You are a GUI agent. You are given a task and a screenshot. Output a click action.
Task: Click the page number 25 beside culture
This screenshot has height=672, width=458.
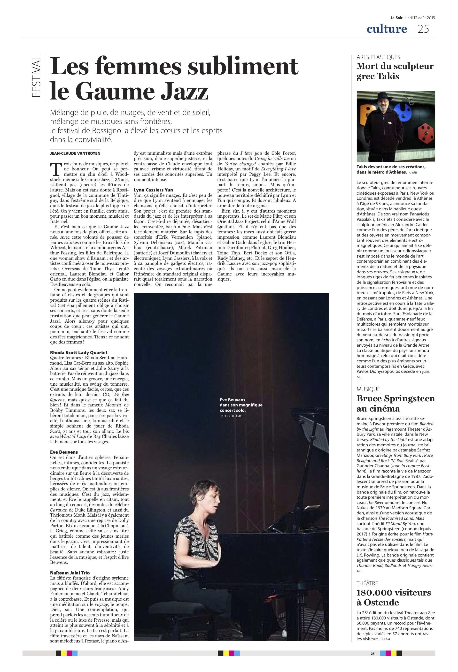point(423,29)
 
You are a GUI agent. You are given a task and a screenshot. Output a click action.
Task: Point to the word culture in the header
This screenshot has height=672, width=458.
point(387,29)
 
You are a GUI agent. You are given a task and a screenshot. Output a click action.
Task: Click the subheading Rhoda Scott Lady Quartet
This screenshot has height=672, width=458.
point(79,352)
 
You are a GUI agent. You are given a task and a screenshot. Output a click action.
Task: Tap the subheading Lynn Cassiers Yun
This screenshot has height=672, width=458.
point(153,190)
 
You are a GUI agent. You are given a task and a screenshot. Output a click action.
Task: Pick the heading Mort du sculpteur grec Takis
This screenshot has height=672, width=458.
point(395,71)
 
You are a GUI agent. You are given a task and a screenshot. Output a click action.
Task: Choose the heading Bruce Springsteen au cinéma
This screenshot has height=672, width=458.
point(396,403)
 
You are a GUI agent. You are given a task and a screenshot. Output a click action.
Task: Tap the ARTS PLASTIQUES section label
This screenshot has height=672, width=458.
point(378,57)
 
